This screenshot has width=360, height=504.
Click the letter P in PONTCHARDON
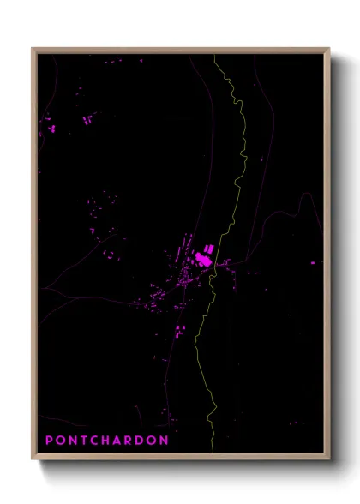49,441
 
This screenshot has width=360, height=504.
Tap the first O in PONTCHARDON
60,441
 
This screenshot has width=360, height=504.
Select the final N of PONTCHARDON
165,441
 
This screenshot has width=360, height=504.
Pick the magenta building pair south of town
179,332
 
